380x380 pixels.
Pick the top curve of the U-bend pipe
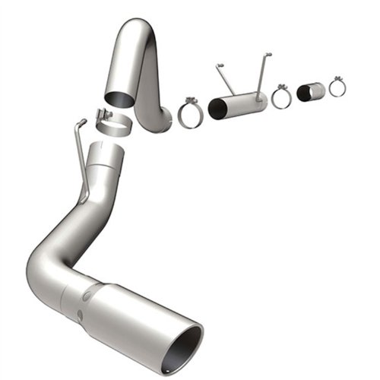tap(141, 34)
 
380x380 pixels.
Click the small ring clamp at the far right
tap(337, 87)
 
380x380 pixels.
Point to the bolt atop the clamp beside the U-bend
tap(190, 101)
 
